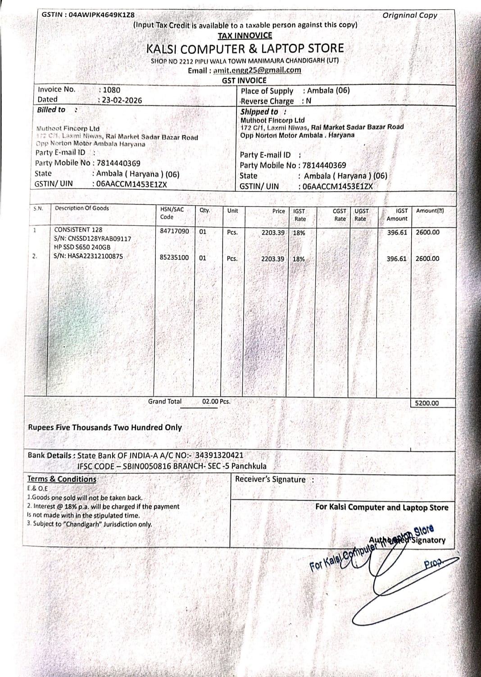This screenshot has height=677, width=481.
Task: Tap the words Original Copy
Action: click(x=409, y=15)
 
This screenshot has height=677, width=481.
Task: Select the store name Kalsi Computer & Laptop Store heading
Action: click(x=245, y=49)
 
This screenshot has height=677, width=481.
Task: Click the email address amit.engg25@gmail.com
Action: click(x=257, y=70)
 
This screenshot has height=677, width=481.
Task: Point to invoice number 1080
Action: click(x=112, y=90)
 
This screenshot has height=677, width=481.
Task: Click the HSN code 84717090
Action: click(x=174, y=231)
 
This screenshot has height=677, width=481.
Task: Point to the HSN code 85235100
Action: click(x=174, y=257)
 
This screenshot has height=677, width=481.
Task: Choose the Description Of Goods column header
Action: click(x=82, y=208)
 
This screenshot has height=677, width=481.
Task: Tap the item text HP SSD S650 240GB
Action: click(x=82, y=247)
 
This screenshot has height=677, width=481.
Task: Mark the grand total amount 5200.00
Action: click(x=427, y=403)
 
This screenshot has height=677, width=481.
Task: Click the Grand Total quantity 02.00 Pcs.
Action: click(x=216, y=401)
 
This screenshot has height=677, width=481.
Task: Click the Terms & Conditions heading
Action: click(x=62, y=479)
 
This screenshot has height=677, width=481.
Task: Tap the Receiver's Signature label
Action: click(x=270, y=480)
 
